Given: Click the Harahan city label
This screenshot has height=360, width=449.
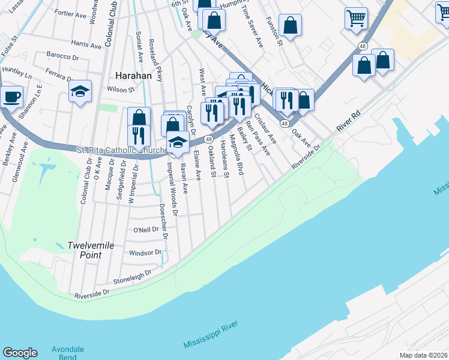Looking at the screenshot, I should [133, 76].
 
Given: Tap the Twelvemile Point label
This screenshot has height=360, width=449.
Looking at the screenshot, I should [84, 250].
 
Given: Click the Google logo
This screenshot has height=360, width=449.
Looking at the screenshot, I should [20, 353].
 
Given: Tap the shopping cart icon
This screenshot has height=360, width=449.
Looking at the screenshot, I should [356, 18].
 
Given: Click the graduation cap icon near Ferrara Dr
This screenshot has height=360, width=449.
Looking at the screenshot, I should [80, 92].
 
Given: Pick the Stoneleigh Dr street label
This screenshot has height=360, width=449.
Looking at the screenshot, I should [131, 276].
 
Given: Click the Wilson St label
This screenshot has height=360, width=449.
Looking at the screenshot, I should [121, 89].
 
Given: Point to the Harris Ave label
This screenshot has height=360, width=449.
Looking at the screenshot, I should [86, 44].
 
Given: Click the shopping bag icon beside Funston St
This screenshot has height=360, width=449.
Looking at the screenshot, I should [290, 26].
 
